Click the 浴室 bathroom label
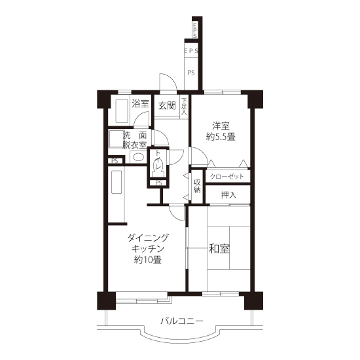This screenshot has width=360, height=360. click(x=140, y=104)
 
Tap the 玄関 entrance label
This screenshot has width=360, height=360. click(x=167, y=105)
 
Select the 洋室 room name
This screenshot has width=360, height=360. click(x=221, y=126)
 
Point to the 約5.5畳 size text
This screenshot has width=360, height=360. click(x=221, y=137)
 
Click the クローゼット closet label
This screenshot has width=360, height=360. click(x=227, y=176)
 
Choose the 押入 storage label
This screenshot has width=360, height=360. click(x=228, y=195)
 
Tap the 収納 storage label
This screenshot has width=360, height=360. click(x=197, y=186)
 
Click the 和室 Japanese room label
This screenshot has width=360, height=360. click(x=219, y=249)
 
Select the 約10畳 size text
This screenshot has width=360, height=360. click(x=148, y=260)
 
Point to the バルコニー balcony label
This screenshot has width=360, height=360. click(x=181, y=321)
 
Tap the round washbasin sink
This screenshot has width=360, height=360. click(x=139, y=157)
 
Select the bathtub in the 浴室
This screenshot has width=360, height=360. click(x=122, y=111)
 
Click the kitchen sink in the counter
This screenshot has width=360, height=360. click(x=117, y=182)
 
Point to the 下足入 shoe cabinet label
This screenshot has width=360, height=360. click(x=184, y=106)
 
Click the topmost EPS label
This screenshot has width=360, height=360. click(x=195, y=30)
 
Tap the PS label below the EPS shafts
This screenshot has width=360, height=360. click(x=191, y=73)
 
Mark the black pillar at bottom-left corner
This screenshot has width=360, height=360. click(x=106, y=301)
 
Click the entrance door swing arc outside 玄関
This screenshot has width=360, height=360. click(x=171, y=79)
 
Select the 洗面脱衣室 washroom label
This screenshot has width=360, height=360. click(x=135, y=140)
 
